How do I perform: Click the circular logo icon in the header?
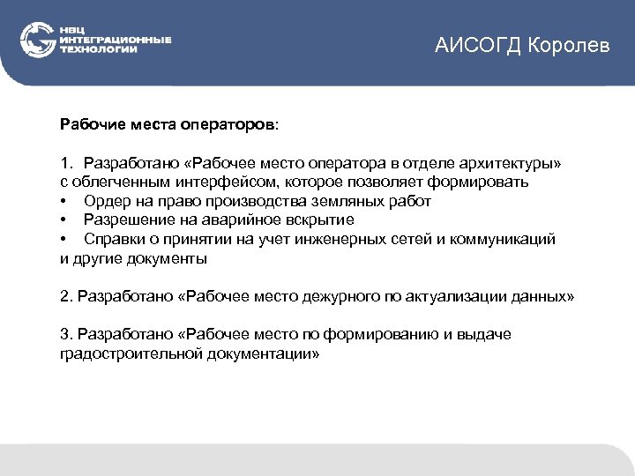(x=38, y=40)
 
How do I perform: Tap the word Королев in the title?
(x=570, y=46)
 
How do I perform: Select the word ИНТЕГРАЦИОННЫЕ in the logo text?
(x=116, y=40)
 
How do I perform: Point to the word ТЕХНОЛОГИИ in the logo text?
(x=99, y=49)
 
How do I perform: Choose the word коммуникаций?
(x=502, y=239)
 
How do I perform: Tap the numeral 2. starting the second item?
(x=66, y=296)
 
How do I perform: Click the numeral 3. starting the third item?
(x=66, y=335)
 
